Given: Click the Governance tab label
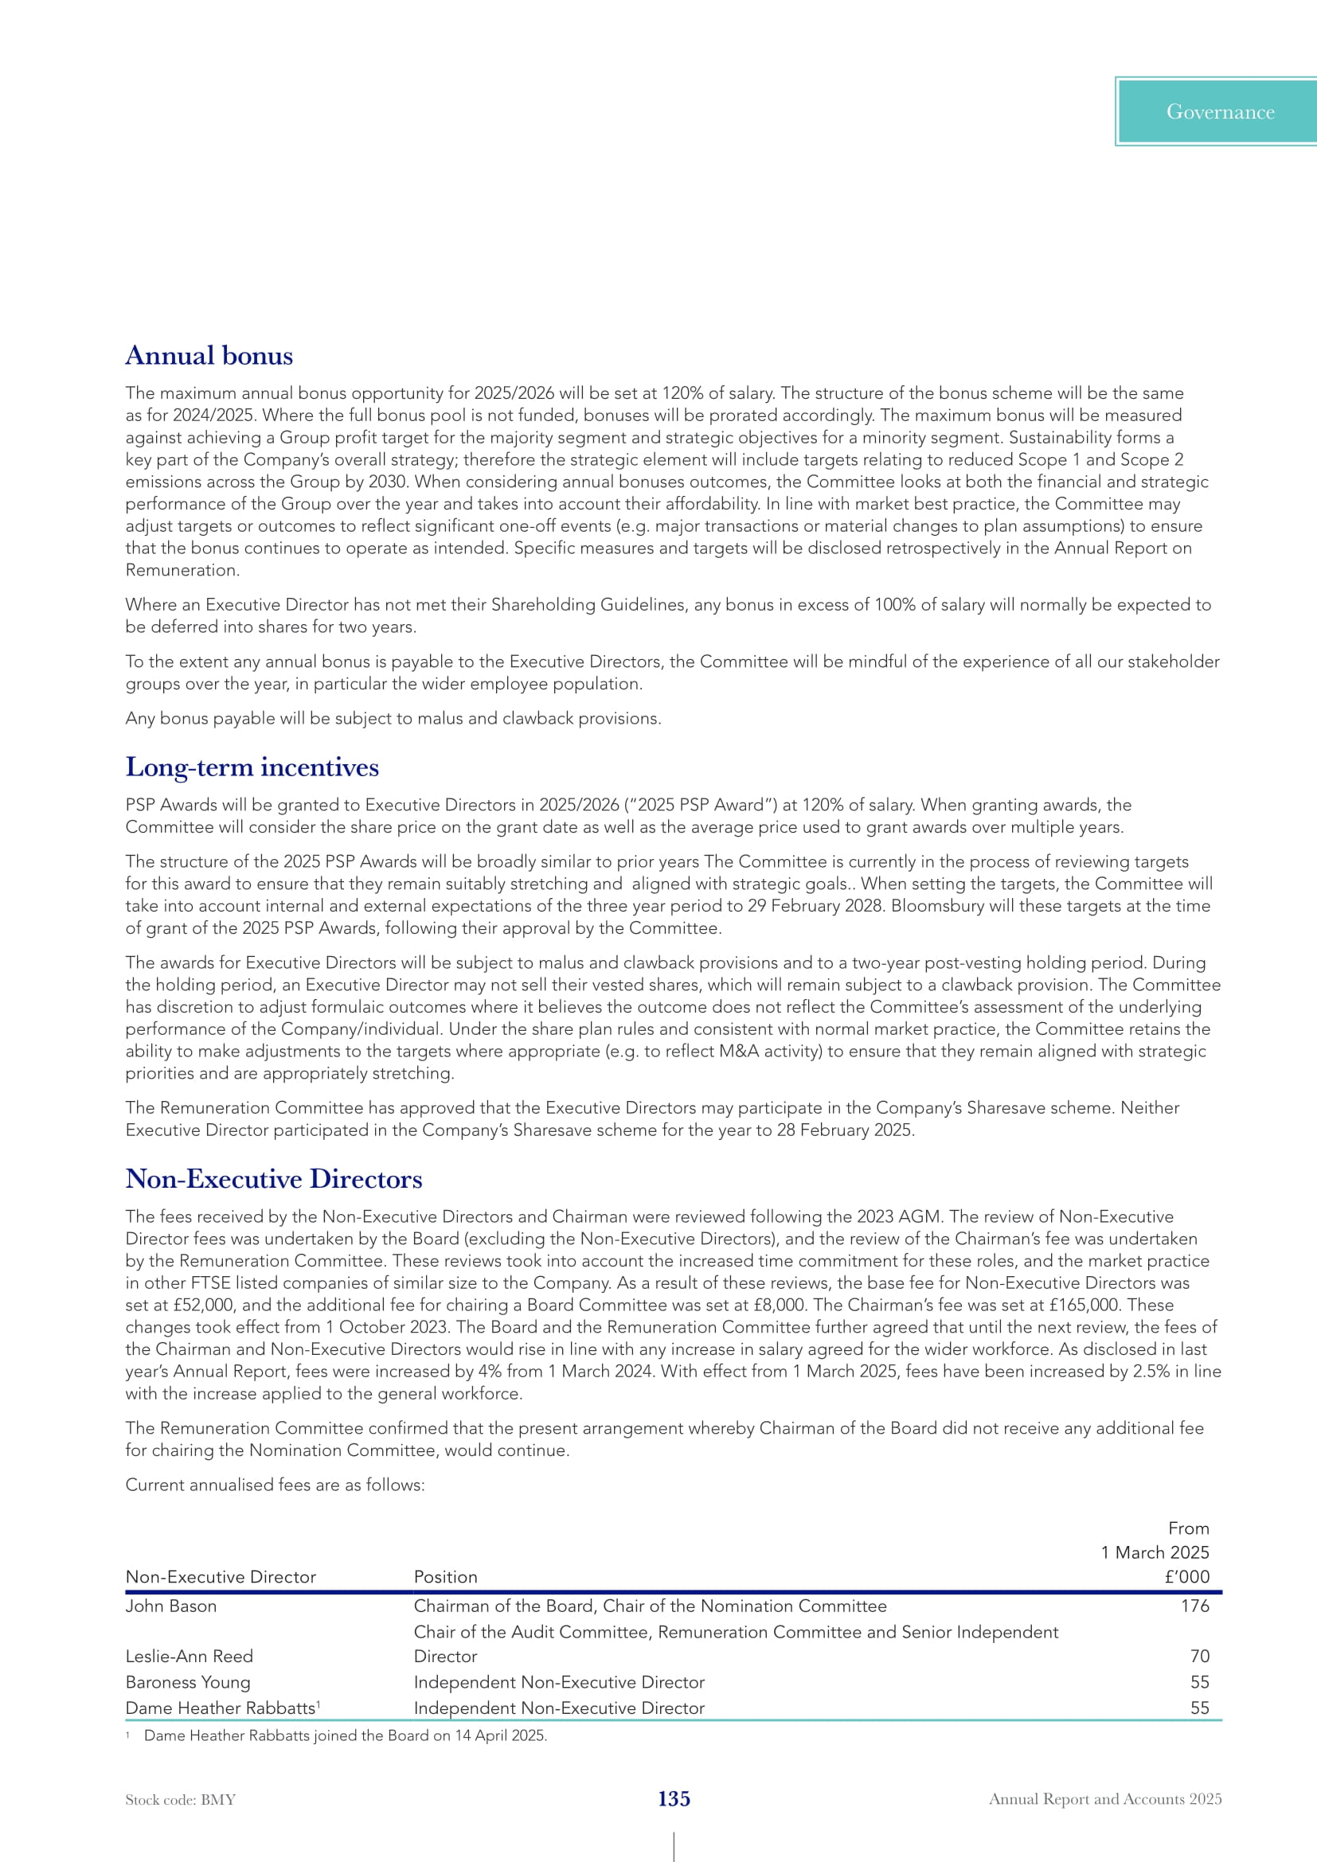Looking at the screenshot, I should pyautogui.click(x=1220, y=112).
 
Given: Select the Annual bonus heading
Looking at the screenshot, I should pyautogui.click(x=209, y=356).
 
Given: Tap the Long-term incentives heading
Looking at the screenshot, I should pyautogui.click(x=252, y=767).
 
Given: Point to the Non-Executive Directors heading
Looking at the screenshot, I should pyautogui.click(x=274, y=1179).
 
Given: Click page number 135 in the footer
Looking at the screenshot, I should pyautogui.click(x=674, y=1799).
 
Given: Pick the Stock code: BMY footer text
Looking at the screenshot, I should pyautogui.click(x=180, y=1800).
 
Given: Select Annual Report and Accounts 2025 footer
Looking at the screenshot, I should pyautogui.click(x=1104, y=1799).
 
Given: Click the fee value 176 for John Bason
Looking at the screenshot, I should pyautogui.click(x=1194, y=1606).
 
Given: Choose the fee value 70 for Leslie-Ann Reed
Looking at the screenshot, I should pyautogui.click(x=1199, y=1656).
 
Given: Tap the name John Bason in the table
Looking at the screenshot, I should pyautogui.click(x=171, y=1606).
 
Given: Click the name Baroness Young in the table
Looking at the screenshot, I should pyautogui.click(x=188, y=1682).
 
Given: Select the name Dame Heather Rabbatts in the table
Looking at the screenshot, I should pyautogui.click(x=221, y=1708).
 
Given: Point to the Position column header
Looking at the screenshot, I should pyautogui.click(x=445, y=1576).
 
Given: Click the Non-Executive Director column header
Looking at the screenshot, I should pyautogui.click(x=221, y=1576).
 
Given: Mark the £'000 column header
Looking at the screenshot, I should pyautogui.click(x=1186, y=1576).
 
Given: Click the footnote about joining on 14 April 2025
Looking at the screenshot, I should pyautogui.click(x=345, y=1735).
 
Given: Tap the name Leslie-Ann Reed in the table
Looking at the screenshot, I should pyautogui.click(x=189, y=1656).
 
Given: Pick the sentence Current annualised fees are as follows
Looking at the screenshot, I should pyautogui.click(x=275, y=1485).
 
